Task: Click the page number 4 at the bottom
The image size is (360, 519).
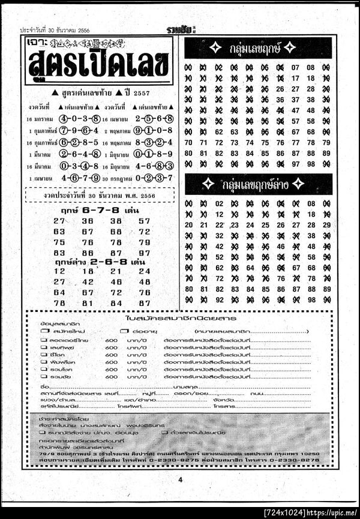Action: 179,479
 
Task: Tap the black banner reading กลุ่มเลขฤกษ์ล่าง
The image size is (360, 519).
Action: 258,185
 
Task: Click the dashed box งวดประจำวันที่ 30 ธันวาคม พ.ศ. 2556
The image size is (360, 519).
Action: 100,195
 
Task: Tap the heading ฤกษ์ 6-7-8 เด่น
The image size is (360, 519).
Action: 100,211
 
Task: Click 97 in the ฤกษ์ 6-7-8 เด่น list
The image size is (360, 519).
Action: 144,253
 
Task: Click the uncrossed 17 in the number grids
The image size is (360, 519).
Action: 295,78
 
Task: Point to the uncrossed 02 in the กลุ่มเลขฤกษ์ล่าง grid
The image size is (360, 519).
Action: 218,204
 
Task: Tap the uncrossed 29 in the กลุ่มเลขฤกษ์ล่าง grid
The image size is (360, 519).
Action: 326,225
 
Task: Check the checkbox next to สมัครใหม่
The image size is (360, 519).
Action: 44,331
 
